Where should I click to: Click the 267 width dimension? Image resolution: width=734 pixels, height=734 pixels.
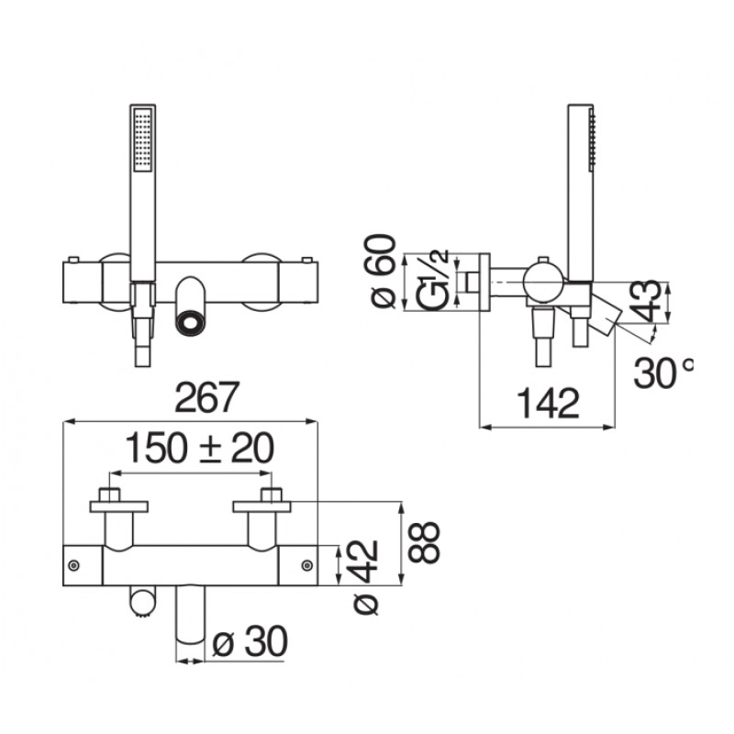(x=207, y=397)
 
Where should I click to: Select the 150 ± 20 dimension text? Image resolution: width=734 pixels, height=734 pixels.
(x=200, y=448)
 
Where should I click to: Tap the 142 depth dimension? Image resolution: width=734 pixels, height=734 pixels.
(x=548, y=403)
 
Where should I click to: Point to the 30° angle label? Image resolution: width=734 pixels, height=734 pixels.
(x=662, y=373)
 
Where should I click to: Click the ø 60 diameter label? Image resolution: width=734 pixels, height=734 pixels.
(x=384, y=271)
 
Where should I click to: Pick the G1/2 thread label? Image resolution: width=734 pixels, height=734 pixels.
(x=432, y=281)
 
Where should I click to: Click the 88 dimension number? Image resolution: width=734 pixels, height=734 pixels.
(x=424, y=542)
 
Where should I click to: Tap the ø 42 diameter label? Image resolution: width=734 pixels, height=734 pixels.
(x=366, y=577)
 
